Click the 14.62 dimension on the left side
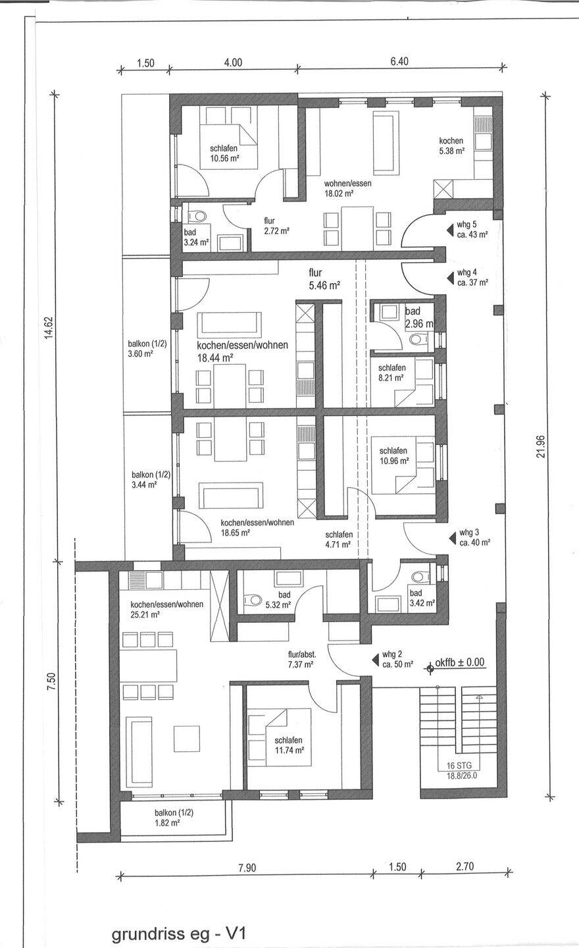50,328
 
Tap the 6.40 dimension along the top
399,61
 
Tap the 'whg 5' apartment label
466,224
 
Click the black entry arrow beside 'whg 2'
375,660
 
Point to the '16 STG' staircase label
459,765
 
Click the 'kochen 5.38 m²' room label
451,145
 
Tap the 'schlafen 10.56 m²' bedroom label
224,153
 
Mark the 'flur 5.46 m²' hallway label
325,279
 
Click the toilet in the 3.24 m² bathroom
197,216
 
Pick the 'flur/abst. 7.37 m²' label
302,660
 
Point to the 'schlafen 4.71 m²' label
340,540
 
